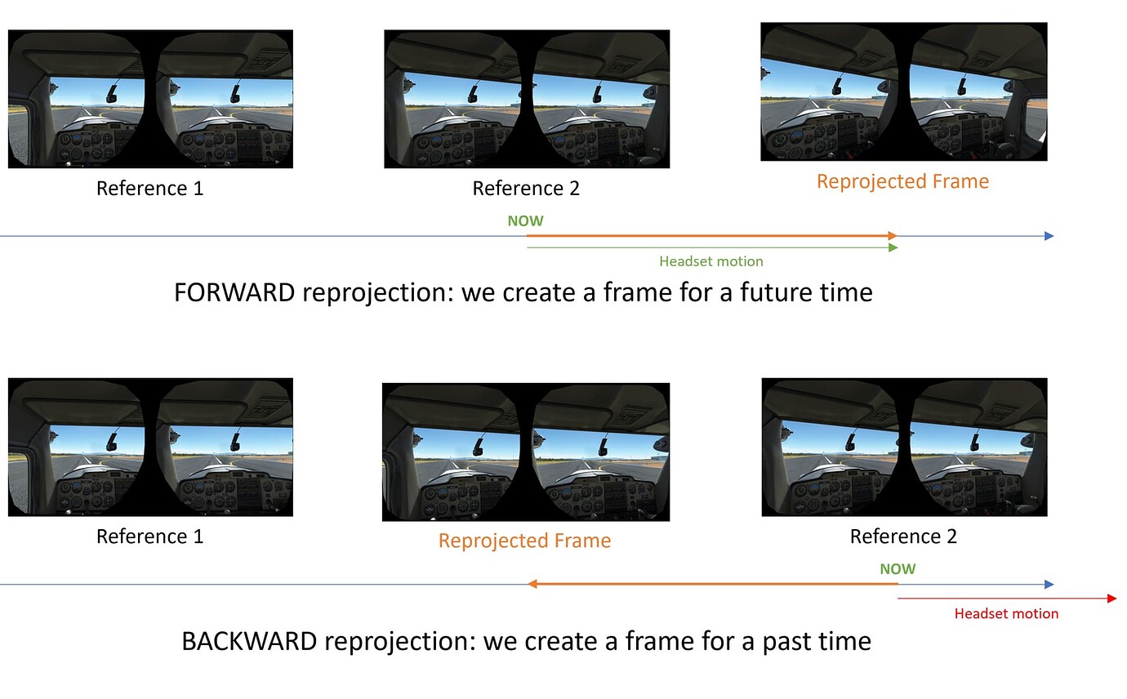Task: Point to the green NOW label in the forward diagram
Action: tap(525, 220)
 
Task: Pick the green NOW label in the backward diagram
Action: tap(898, 569)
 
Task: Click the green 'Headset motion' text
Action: tap(710, 261)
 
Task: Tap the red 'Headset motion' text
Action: tap(1006, 613)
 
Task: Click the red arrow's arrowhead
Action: tap(1111, 599)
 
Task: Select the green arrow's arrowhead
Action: tap(893, 247)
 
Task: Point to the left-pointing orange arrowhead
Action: tap(532, 584)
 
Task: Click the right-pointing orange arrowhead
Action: tap(893, 236)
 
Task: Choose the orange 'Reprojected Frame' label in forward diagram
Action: tap(902, 181)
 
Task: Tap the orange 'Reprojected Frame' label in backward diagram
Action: tap(524, 541)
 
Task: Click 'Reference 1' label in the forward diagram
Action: tap(149, 189)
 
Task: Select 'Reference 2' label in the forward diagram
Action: tap(526, 189)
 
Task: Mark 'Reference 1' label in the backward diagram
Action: tap(149, 536)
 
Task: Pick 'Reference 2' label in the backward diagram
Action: tap(903, 536)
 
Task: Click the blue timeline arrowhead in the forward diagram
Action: tap(1049, 236)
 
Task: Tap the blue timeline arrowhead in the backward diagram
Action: tap(1049, 584)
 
